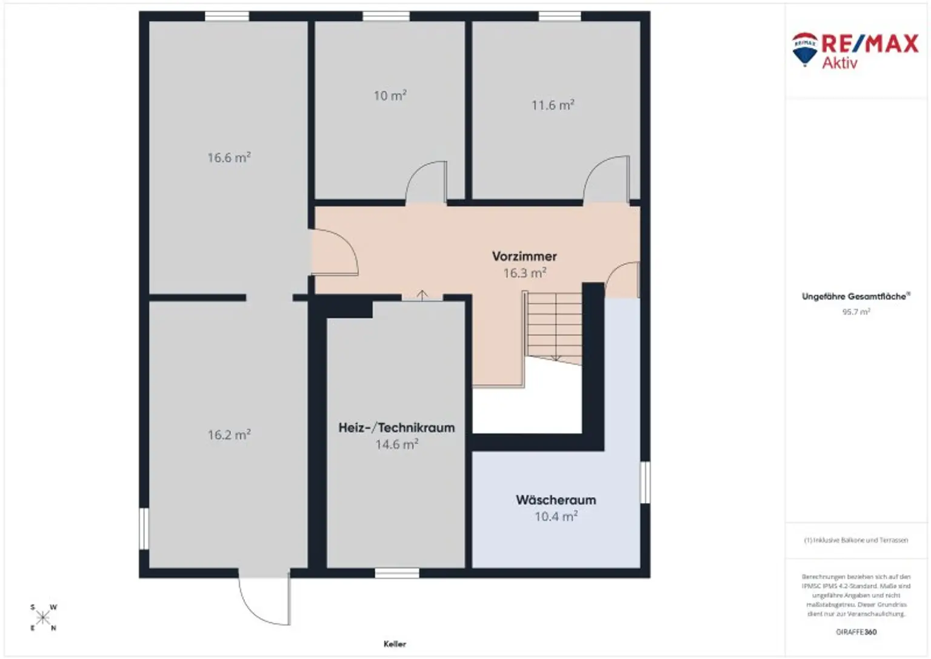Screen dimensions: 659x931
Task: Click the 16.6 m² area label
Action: pyautogui.click(x=229, y=158)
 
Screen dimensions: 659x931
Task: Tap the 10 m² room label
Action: pyautogui.click(x=390, y=96)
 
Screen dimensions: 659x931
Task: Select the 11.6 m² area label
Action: pyautogui.click(x=552, y=105)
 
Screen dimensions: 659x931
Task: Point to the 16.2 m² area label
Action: pyautogui.click(x=229, y=435)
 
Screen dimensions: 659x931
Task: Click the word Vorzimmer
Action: pyautogui.click(x=524, y=256)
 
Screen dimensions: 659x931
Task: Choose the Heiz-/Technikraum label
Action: pyautogui.click(x=396, y=427)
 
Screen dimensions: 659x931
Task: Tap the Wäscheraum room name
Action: pyautogui.click(x=556, y=500)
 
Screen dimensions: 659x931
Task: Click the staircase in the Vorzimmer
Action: pyautogui.click(x=553, y=327)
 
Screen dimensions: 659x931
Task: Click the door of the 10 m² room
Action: pyautogui.click(x=427, y=182)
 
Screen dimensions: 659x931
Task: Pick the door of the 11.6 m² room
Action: pyautogui.click(x=606, y=178)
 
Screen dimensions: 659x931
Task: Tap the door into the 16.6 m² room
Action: pyautogui.click(x=333, y=252)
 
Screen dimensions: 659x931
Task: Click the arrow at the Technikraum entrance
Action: pyautogui.click(x=422, y=295)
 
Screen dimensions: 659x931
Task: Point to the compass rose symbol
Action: pyautogui.click(x=43, y=618)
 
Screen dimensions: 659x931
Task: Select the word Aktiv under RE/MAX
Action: pyautogui.click(x=839, y=63)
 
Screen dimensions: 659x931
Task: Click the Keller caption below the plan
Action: pyautogui.click(x=395, y=644)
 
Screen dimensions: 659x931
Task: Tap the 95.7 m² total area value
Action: pyautogui.click(x=856, y=312)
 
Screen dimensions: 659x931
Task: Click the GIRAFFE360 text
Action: pyautogui.click(x=856, y=632)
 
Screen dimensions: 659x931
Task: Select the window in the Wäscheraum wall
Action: pyautogui.click(x=645, y=482)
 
